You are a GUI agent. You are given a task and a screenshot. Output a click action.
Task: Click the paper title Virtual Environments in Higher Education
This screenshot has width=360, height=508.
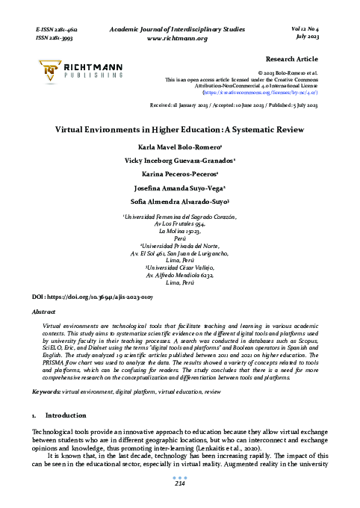[x=180, y=128]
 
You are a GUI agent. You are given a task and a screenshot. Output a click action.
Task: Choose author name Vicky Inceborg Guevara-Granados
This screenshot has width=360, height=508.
[x=179, y=161]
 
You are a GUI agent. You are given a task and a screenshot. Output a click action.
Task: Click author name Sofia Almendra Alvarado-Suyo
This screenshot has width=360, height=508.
[x=179, y=202]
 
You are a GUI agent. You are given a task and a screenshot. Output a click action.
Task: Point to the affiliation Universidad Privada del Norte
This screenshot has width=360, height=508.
[x=179, y=244]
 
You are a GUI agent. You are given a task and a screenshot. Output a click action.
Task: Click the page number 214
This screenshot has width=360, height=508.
[x=179, y=484]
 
